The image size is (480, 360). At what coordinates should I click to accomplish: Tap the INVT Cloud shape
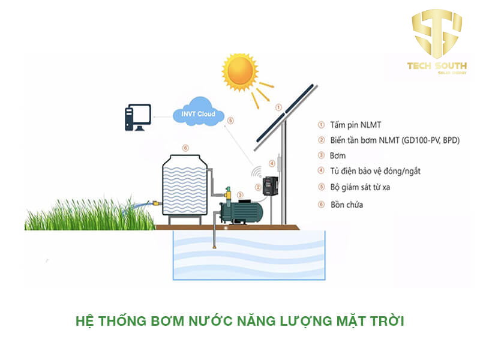pyautogui.click(x=197, y=114)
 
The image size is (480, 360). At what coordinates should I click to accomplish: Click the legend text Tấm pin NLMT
pyautogui.click(x=353, y=125)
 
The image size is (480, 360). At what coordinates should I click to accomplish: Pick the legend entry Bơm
pyautogui.click(x=338, y=156)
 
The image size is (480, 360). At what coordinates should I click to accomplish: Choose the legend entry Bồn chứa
pyautogui.click(x=347, y=205)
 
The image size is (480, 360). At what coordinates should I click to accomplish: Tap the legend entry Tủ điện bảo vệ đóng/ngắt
pyautogui.click(x=375, y=172)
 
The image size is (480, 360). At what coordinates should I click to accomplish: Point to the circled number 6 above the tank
pyautogui.click(x=185, y=148)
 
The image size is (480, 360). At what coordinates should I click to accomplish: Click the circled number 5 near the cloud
pyautogui.click(x=232, y=121)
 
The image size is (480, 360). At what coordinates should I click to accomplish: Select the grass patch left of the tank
pyautogui.click(x=84, y=213)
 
